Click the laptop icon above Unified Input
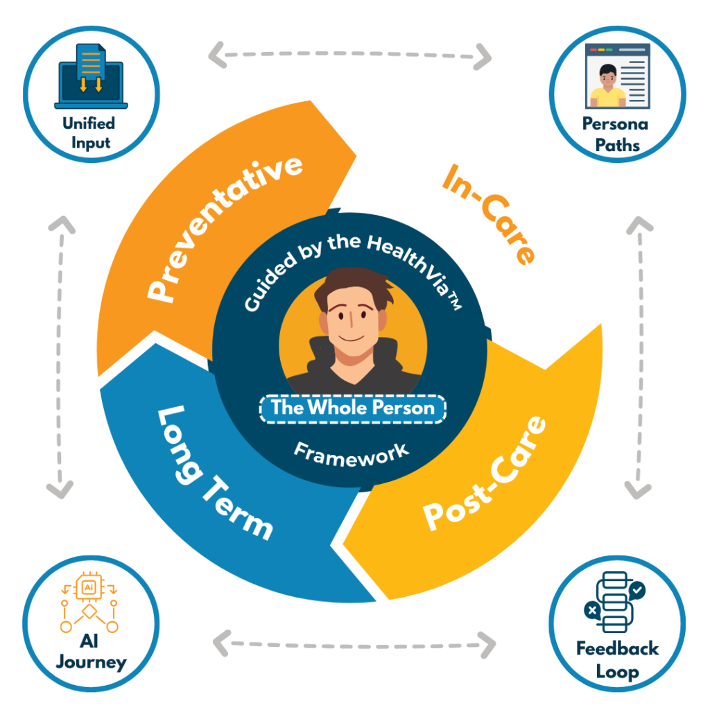91,76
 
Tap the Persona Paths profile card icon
618,76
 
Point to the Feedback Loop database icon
614,603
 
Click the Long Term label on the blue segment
215,473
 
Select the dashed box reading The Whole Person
353,408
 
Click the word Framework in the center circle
352,455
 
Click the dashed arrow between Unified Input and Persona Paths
349,55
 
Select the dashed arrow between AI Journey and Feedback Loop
354,644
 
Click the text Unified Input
89,132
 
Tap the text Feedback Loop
617,659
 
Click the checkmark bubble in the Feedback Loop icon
637,591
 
